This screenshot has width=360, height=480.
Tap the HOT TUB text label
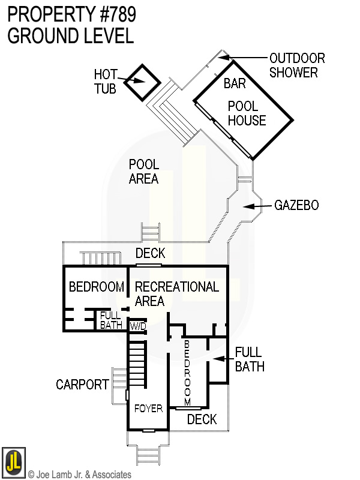[x=106, y=82]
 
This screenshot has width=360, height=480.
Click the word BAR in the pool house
[x=235, y=83]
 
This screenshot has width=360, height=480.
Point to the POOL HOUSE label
[x=246, y=113]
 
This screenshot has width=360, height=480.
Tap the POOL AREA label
[x=144, y=172]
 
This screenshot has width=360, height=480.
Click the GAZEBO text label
[x=296, y=206]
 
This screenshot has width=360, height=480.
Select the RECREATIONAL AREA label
[x=176, y=293]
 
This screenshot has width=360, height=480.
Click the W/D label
[x=137, y=326]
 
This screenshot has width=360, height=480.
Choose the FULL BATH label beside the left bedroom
[x=111, y=320]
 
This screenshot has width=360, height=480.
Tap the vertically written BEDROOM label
[x=187, y=372]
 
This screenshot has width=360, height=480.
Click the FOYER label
[x=148, y=409]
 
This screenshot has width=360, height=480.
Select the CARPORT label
[x=83, y=385]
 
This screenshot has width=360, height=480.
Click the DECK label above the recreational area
[x=150, y=254]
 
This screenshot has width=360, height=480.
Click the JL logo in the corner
[x=13, y=461]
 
